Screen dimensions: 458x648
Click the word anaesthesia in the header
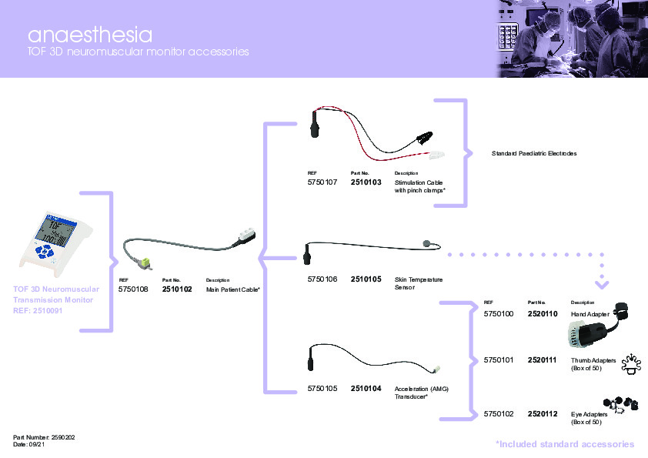point(89,35)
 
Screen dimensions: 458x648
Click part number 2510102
point(177,289)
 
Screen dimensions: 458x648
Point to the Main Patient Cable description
point(232,289)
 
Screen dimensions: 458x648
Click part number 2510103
point(366,182)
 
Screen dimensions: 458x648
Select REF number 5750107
point(322,182)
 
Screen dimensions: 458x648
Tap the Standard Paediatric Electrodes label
point(534,154)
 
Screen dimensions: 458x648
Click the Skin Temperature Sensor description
point(418,282)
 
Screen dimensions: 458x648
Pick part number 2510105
point(366,279)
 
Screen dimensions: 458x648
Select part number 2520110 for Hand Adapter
point(543,315)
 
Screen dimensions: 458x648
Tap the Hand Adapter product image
point(593,332)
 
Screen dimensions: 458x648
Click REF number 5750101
point(499,360)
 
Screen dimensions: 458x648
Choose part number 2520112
point(543,415)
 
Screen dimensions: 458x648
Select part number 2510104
point(366,389)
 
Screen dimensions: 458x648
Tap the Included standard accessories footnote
point(564,444)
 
